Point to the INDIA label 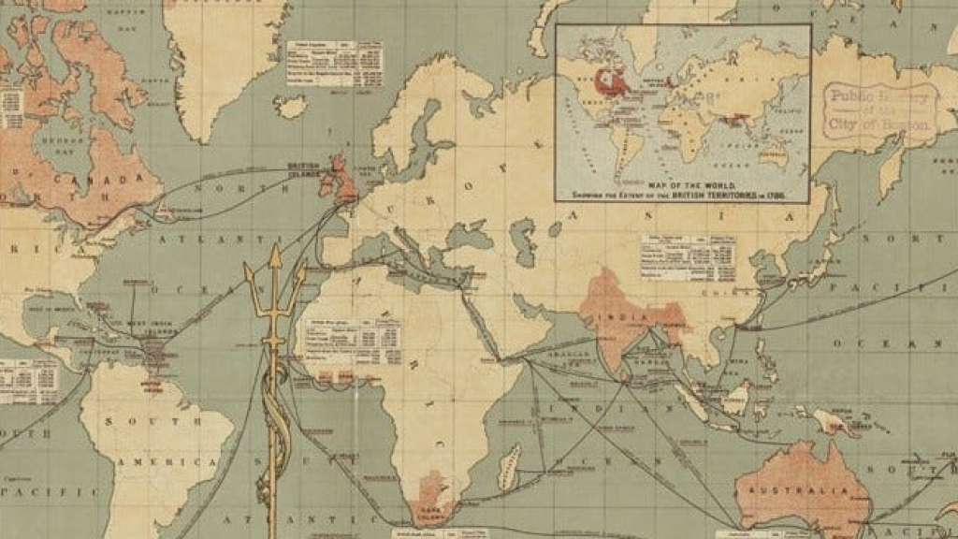pos(624,318)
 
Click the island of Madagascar pos(508,467)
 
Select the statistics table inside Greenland pos(321,64)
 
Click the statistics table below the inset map pos(687,258)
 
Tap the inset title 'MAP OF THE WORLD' pos(681,188)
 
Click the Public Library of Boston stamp pos(879,109)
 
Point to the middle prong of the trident pos(275,271)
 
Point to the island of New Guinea pos(827,420)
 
